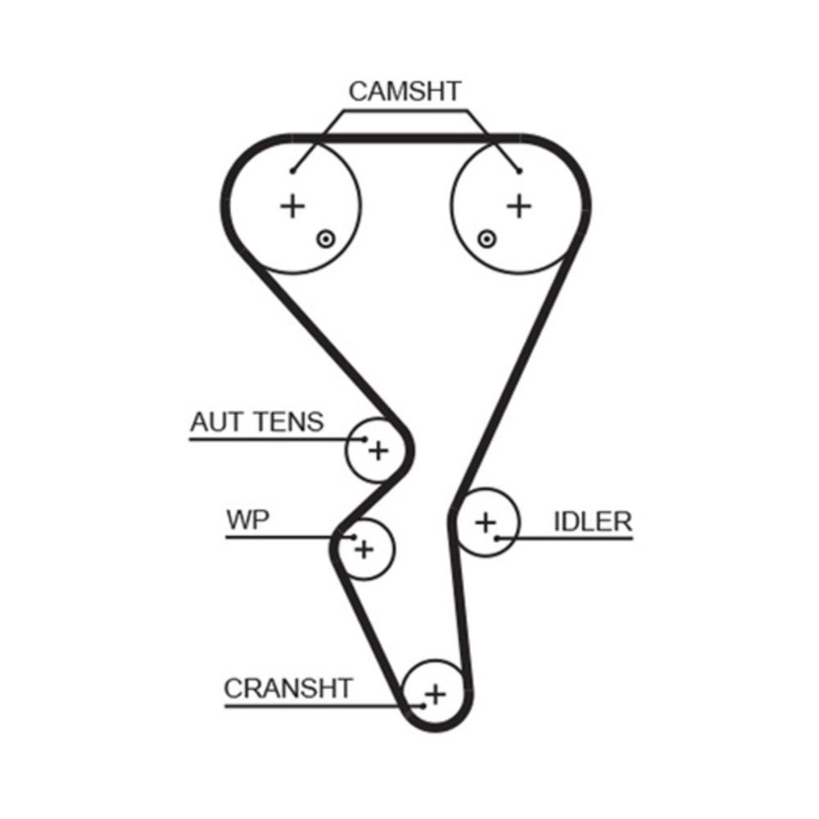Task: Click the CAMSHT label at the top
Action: pyautogui.click(x=405, y=91)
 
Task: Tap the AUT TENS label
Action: pyautogui.click(x=256, y=423)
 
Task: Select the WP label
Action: pyautogui.click(x=247, y=520)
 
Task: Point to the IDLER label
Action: pyautogui.click(x=593, y=522)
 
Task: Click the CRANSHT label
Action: pyautogui.click(x=287, y=688)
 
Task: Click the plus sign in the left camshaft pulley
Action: pyautogui.click(x=292, y=206)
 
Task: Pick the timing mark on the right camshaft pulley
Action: pyautogui.click(x=487, y=238)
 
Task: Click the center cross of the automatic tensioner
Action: pyautogui.click(x=378, y=449)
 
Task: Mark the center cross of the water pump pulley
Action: pyautogui.click(x=364, y=548)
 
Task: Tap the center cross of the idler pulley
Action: pyautogui.click(x=486, y=521)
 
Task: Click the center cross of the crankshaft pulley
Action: pyautogui.click(x=436, y=695)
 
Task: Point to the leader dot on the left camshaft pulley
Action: pyautogui.click(x=293, y=170)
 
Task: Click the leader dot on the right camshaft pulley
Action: pyautogui.click(x=518, y=170)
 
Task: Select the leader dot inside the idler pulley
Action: pyautogui.click(x=497, y=538)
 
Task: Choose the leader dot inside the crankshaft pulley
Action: pyautogui.click(x=423, y=705)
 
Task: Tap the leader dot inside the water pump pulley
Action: pyautogui.click(x=354, y=537)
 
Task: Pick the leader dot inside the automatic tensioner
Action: pyautogui.click(x=364, y=439)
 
